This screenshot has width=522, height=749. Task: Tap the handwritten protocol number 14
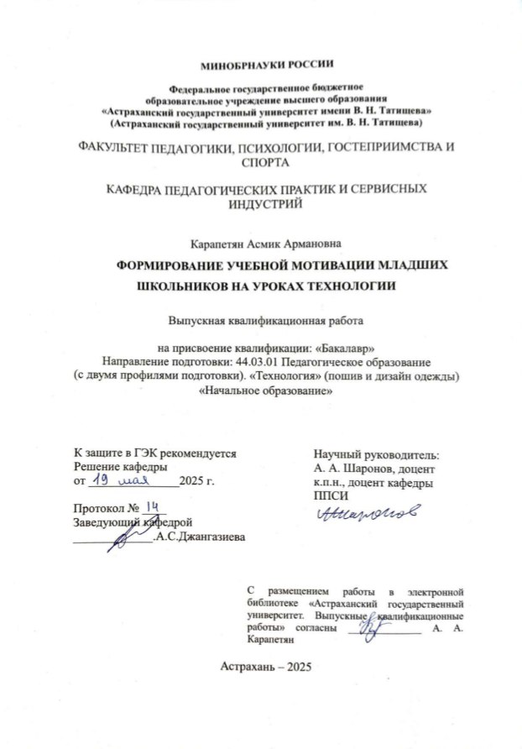(x=152, y=506)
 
